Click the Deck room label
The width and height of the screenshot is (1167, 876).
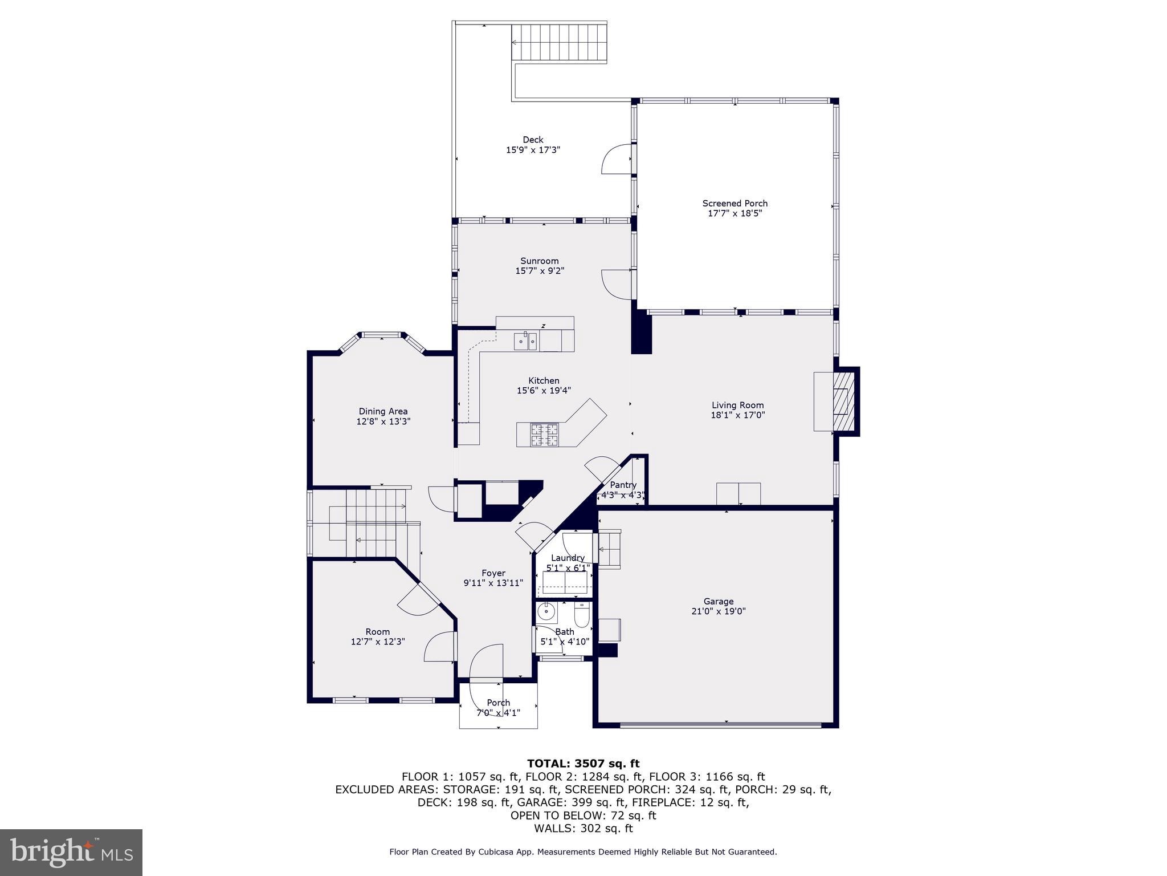pos(533,140)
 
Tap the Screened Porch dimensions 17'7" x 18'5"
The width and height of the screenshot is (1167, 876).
pos(735,213)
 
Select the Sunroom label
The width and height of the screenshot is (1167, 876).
pos(539,261)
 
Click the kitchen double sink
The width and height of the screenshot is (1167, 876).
pos(526,342)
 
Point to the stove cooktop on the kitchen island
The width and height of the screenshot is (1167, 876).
pos(545,435)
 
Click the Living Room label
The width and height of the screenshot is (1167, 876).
pos(737,405)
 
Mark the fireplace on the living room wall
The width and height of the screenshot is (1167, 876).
pos(843,401)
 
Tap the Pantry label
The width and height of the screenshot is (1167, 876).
pos(623,485)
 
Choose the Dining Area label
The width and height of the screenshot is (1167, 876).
pos(383,411)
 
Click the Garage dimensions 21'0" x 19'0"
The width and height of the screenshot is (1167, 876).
pos(718,611)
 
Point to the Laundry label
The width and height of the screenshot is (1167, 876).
pos(568,558)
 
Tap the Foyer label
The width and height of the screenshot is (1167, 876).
pos(493,573)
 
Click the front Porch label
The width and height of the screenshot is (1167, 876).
pos(498,703)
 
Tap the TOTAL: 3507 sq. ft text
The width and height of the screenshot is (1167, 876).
pos(583,764)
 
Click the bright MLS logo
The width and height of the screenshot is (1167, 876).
pos(71,852)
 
